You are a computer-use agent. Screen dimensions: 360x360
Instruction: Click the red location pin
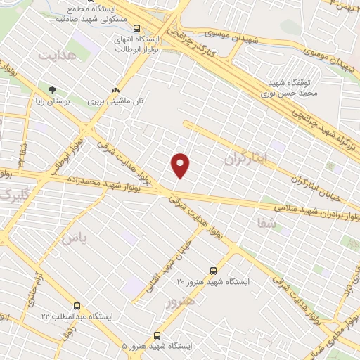click(x=181, y=165)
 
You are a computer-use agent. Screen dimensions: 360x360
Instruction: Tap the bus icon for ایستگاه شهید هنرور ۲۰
click(x=214, y=270)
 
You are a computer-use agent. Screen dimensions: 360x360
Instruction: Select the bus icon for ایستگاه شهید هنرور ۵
click(x=157, y=335)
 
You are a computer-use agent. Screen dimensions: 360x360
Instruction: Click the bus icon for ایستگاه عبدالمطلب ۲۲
click(x=77, y=306)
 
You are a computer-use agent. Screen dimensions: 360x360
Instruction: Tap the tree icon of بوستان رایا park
click(x=51, y=90)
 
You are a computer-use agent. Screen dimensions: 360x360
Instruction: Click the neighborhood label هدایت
click(x=56, y=55)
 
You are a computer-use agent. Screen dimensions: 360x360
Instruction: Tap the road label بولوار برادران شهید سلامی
click(x=310, y=210)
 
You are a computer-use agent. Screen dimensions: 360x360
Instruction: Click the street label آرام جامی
click(x=34, y=284)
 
